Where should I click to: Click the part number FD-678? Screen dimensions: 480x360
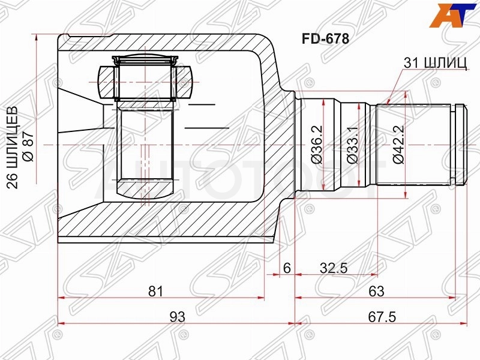[325, 39]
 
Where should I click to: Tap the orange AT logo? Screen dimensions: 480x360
[453, 16]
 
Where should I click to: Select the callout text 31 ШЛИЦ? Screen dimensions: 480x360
[435, 63]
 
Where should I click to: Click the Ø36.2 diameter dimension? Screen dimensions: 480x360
[317, 145]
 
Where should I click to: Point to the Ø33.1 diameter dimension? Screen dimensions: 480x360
[352, 145]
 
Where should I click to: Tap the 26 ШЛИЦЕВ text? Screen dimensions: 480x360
[13, 148]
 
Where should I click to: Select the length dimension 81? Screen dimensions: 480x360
[155, 291]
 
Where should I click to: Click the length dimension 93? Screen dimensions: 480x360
[177, 317]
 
